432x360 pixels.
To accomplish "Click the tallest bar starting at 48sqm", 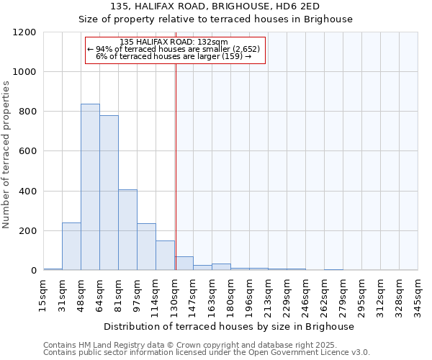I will [90, 187].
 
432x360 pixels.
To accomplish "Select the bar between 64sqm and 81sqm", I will [109, 193].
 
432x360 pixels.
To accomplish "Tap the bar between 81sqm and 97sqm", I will [127, 230].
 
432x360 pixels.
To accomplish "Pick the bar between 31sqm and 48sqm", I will [71, 246].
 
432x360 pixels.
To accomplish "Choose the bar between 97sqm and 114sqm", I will [146, 247].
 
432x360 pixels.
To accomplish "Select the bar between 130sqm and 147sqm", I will [184, 264].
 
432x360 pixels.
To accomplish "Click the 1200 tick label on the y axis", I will [24, 32].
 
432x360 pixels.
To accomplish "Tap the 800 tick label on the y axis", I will [27, 112].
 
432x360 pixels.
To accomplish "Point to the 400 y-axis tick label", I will [27, 192].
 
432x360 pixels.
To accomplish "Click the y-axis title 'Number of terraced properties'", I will [6, 155].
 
